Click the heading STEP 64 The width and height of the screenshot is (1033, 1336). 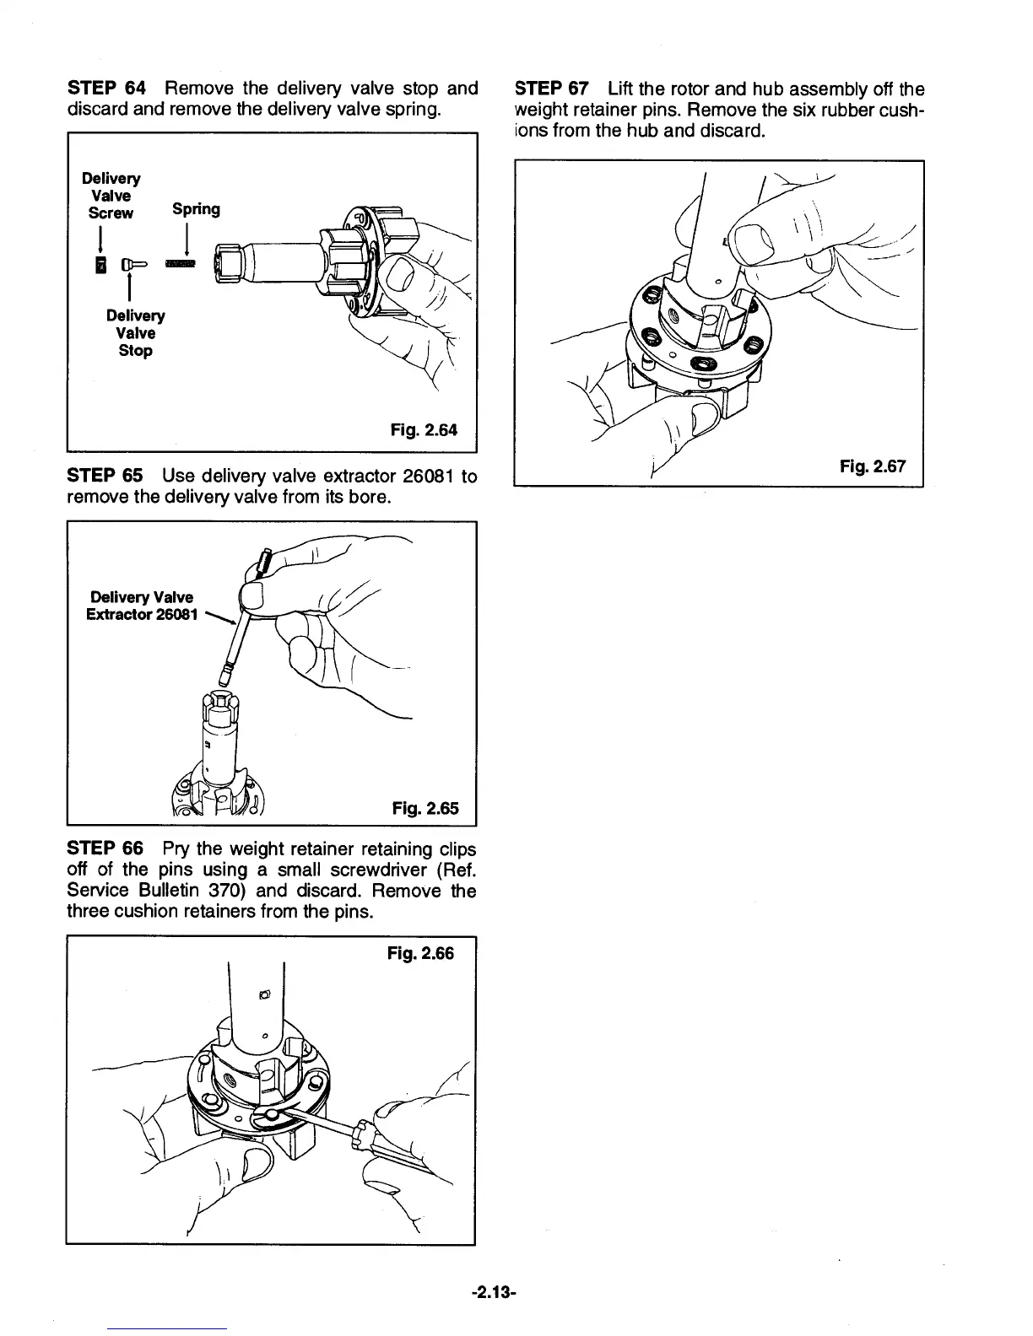(x=106, y=89)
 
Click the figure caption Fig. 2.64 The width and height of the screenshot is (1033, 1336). (x=424, y=430)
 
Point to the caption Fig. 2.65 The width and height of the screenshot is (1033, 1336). (x=425, y=809)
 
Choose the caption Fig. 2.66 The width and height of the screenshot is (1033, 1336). (x=420, y=953)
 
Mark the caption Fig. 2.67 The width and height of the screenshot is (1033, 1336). (x=873, y=465)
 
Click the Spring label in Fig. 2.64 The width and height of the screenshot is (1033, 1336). (x=196, y=209)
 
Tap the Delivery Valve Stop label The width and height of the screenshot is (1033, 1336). (x=135, y=333)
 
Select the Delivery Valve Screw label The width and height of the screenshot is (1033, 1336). (x=111, y=196)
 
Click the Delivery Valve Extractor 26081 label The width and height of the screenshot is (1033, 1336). (x=140, y=606)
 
